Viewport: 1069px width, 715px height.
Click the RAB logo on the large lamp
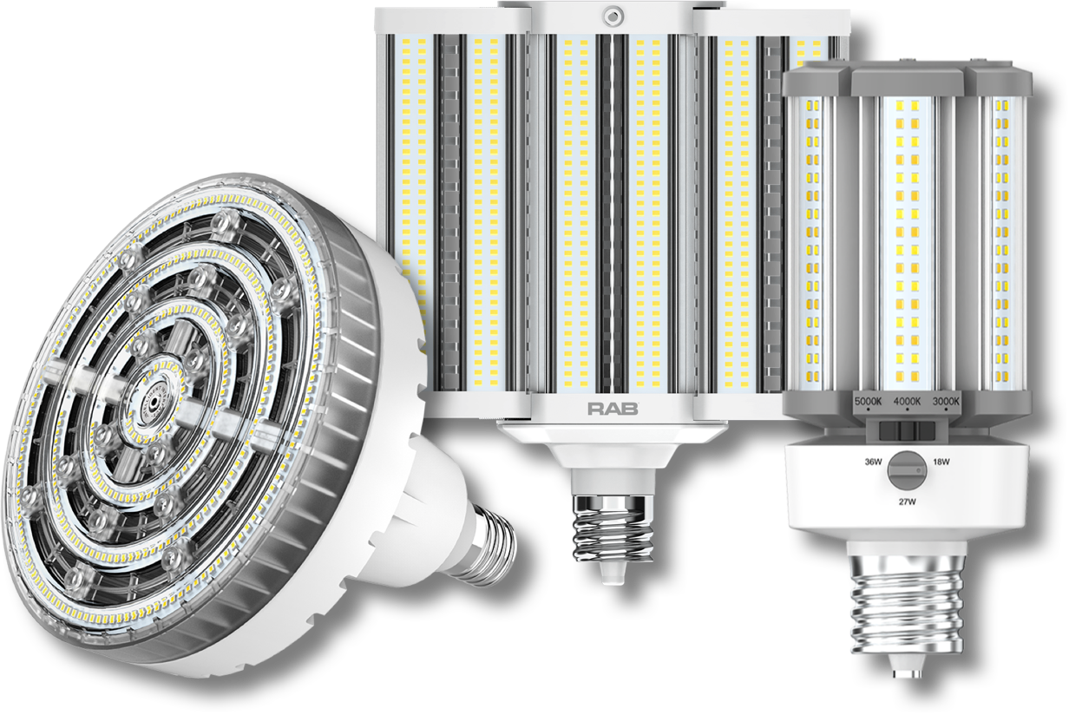point(613,408)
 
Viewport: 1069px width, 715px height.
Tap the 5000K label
point(869,403)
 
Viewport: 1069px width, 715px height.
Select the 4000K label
point(907,403)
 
